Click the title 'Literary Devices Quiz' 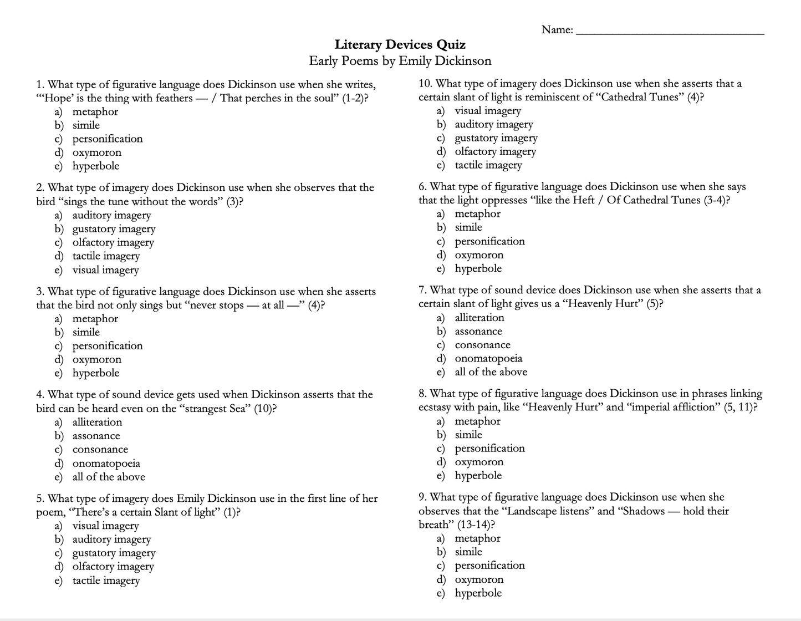tap(400, 44)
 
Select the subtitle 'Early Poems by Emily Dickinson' tap(400, 60)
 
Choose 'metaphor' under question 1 tap(95, 111)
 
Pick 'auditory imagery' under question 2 tap(111, 215)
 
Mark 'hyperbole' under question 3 tap(95, 373)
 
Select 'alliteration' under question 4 tap(97, 422)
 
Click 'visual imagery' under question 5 tap(105, 526)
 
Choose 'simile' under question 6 tap(468, 227)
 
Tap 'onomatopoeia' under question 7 tap(488, 359)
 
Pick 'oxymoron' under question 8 tap(479, 462)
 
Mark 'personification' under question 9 tap(489, 566)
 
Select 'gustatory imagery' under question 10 tap(496, 138)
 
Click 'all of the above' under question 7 tap(491, 372)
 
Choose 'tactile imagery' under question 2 tap(106, 256)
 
